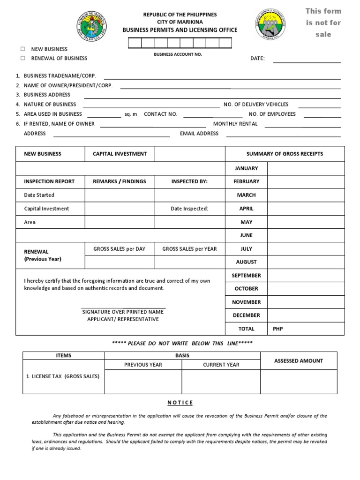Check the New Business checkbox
(x=22, y=49)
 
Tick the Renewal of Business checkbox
(x=22, y=58)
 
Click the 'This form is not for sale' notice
(x=323, y=22)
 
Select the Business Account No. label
(x=178, y=54)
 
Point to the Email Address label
(x=199, y=134)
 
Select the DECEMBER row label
(x=246, y=315)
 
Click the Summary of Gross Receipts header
(x=285, y=154)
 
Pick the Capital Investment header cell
(x=120, y=154)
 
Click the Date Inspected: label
(x=189, y=209)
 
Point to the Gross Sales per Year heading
(x=189, y=249)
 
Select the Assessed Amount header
(x=299, y=361)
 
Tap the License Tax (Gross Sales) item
(x=63, y=376)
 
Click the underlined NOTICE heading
(x=180, y=403)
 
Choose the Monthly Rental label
(x=235, y=124)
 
